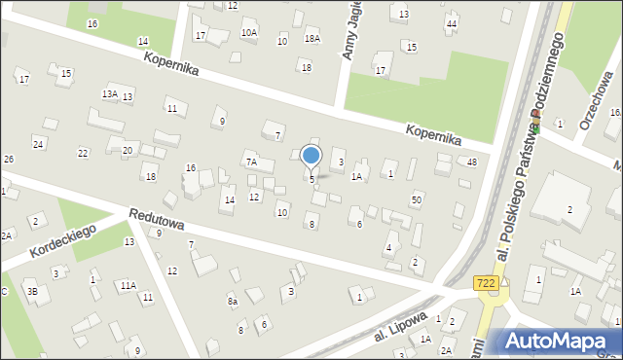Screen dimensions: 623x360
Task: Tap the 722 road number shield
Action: (488, 282)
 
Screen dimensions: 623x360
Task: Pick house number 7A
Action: (250, 162)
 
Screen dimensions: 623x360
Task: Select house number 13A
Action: (110, 93)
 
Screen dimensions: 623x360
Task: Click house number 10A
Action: (249, 32)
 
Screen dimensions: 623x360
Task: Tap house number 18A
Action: (311, 39)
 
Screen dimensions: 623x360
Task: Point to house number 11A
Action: (128, 285)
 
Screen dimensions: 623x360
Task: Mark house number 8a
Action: (233, 303)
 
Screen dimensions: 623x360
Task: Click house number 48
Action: (471, 162)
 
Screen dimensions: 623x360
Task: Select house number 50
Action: (417, 199)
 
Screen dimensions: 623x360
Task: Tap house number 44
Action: (451, 23)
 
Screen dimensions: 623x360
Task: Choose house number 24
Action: (38, 144)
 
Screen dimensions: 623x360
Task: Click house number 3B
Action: (31, 291)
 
